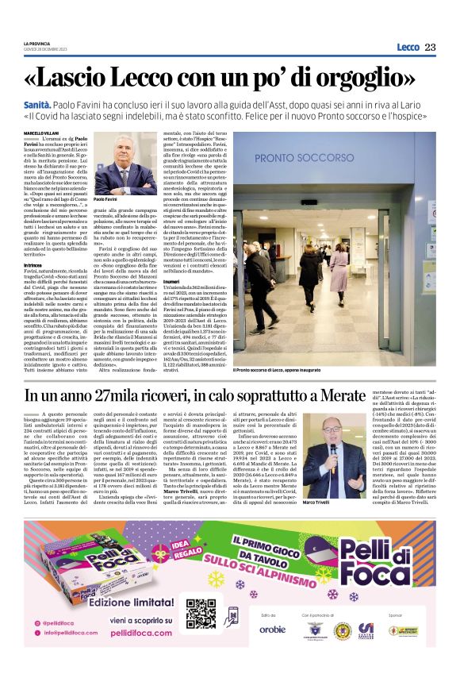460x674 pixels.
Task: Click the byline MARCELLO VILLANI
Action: (44, 133)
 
